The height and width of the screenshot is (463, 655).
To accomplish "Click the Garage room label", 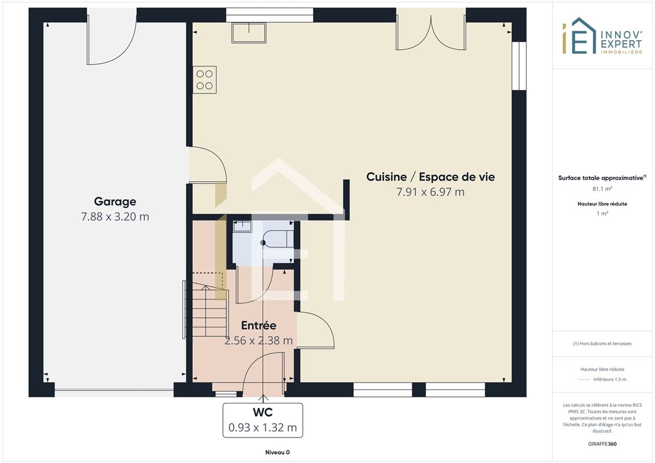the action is pyautogui.click(x=115, y=201).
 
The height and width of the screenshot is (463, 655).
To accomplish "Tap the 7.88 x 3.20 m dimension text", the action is pyautogui.click(x=115, y=216).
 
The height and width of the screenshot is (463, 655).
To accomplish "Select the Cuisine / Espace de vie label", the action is pyautogui.click(x=430, y=177).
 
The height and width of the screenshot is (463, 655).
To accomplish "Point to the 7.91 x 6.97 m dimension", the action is pyautogui.click(x=430, y=192).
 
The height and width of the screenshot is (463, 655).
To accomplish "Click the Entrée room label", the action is pyautogui.click(x=258, y=325).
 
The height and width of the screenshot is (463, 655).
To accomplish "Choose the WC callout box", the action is pyautogui.click(x=263, y=420).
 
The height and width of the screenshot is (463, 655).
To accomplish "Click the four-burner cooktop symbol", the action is pyautogui.click(x=204, y=80).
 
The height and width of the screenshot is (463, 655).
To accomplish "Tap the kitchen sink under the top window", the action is pyautogui.click(x=249, y=32).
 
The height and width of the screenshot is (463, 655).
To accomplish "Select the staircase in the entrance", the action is pyautogui.click(x=210, y=310).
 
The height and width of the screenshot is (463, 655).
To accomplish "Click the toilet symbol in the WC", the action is pyautogui.click(x=278, y=239).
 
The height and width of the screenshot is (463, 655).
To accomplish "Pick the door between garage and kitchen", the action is pyautogui.click(x=207, y=165).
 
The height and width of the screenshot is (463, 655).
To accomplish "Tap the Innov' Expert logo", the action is pyautogui.click(x=602, y=36).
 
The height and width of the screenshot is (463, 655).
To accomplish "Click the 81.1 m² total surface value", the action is pyautogui.click(x=602, y=189).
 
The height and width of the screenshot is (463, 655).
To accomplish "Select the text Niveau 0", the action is pyautogui.click(x=277, y=452).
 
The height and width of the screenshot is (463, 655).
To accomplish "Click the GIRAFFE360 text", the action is pyautogui.click(x=602, y=444).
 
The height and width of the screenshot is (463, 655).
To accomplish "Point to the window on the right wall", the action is pyautogui.click(x=519, y=65).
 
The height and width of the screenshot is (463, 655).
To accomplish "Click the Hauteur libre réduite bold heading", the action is pyautogui.click(x=602, y=204).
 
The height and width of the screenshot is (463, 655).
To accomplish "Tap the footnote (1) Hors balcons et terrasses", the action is pyautogui.click(x=602, y=344).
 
